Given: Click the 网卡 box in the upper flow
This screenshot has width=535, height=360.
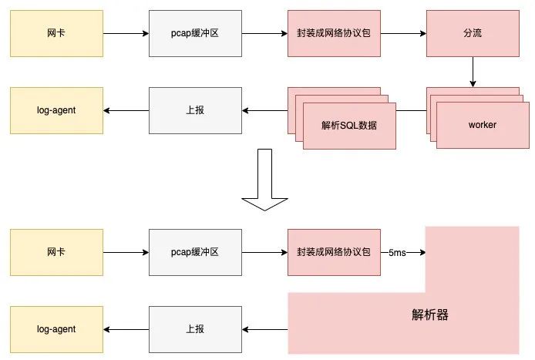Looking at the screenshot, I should [56, 34].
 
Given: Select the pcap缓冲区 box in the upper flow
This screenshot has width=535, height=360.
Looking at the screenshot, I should [195, 34].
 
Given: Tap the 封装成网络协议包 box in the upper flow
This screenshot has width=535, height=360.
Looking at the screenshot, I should [334, 34].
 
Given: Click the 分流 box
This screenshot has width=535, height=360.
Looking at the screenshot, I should [472, 34].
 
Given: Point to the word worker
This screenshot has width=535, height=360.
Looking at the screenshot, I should [483, 125].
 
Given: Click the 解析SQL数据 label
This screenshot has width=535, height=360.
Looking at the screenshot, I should [349, 125].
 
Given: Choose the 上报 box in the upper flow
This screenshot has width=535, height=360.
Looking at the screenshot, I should [195, 110].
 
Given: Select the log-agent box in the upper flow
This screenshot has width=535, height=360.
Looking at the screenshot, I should [56, 110].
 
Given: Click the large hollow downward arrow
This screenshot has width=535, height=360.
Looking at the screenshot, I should [264, 180].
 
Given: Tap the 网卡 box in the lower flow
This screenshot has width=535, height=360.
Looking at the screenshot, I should [56, 252].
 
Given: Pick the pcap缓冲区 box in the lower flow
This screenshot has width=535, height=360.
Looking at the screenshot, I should [195, 252].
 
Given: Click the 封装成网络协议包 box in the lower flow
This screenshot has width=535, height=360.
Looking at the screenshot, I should [334, 252].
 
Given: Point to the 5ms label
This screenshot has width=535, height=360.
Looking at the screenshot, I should [398, 253].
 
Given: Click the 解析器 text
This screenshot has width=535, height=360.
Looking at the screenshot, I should [430, 315].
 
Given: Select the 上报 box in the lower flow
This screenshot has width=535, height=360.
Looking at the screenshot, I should [195, 329].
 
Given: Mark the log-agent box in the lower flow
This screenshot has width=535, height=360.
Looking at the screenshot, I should [56, 329].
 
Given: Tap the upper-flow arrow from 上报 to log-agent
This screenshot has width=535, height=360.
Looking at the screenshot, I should [126, 110].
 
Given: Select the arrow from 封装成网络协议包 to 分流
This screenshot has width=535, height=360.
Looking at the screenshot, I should [403, 34].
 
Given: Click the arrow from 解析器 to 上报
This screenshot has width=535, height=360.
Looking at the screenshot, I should [264, 329].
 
